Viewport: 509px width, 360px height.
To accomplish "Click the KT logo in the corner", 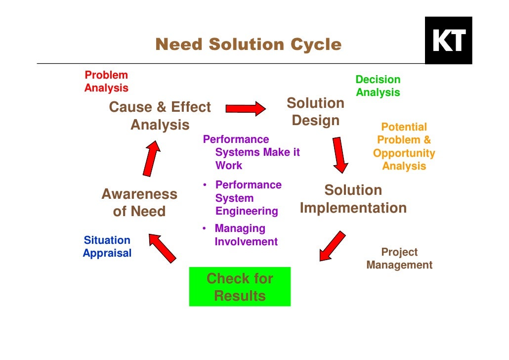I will point(448,40).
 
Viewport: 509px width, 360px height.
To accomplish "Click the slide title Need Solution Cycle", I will point(248,45).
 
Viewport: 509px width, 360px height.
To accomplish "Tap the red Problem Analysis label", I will point(106,82).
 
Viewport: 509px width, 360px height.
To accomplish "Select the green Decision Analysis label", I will point(378,86).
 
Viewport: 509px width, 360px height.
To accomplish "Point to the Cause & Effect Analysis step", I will point(160,116).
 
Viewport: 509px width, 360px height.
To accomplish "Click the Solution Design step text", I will point(315,112).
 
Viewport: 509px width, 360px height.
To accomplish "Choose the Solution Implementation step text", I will point(353,199).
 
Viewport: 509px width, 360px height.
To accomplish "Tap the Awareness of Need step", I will point(139,203).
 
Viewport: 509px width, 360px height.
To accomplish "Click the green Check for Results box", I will point(240,287).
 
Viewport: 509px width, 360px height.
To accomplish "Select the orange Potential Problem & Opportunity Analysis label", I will point(404,146).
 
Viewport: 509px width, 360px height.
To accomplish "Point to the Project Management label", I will point(399,259).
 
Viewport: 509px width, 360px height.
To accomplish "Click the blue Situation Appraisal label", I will point(107,247).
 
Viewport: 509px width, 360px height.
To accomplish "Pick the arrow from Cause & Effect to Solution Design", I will point(246,108).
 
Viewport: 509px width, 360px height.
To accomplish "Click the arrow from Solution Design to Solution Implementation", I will point(340,155).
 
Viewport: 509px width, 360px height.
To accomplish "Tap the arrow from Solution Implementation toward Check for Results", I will point(332,246).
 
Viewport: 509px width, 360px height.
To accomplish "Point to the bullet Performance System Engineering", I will point(247,198).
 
